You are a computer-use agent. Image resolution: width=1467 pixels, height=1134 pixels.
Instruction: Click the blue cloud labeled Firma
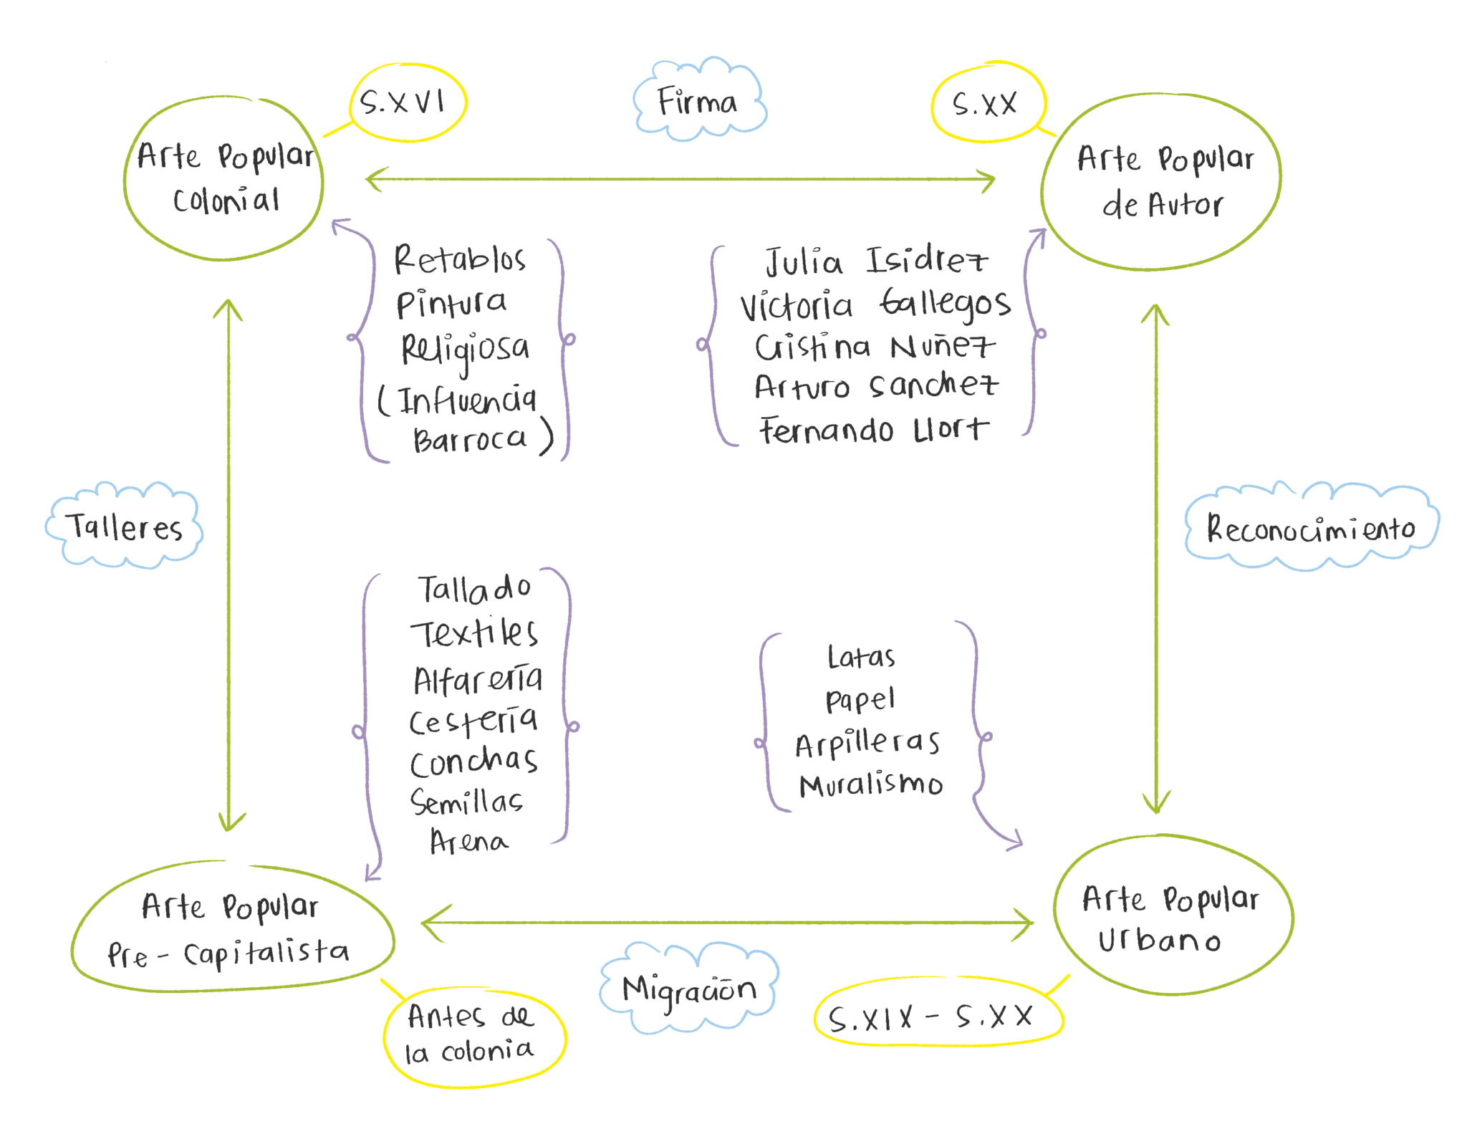coord(698,102)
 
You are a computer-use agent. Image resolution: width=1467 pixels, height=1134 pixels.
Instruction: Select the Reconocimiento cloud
coord(1311,529)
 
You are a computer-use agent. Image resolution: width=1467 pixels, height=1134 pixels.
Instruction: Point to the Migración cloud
coord(688,989)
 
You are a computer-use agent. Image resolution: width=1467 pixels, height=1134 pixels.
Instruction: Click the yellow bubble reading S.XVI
coord(407,103)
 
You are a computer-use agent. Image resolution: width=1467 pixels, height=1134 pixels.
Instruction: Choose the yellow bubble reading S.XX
coord(988,105)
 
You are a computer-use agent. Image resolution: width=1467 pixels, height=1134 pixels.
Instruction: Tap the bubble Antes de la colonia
coord(473,1035)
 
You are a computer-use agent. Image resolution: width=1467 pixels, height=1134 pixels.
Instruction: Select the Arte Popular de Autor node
coord(1161,181)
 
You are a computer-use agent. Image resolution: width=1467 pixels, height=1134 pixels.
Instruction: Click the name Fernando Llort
coord(873,430)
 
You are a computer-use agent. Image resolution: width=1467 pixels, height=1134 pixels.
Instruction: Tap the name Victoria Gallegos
coord(875,305)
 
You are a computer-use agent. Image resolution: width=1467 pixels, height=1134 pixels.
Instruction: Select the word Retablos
coord(460,259)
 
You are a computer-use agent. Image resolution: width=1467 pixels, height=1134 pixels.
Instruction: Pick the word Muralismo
coord(870,785)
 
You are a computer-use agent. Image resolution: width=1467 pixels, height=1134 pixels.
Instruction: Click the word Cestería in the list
coord(473,720)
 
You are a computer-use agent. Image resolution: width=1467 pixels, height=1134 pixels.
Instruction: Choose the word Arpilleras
coord(867,744)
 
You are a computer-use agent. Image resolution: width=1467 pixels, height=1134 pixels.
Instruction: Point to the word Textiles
coord(474,633)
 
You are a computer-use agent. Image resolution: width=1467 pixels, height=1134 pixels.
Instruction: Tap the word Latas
coord(861,657)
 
